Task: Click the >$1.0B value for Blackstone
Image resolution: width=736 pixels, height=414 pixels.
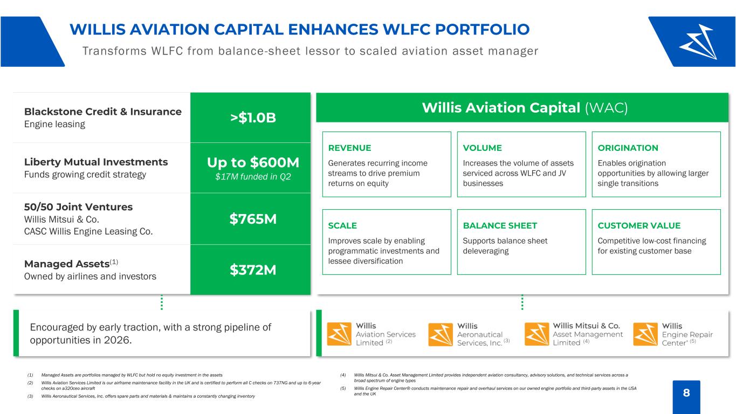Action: (x=253, y=118)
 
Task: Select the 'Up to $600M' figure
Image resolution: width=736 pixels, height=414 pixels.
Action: (x=253, y=162)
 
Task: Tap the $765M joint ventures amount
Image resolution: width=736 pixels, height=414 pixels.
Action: (x=253, y=219)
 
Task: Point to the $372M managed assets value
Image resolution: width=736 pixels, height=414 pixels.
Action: (x=253, y=270)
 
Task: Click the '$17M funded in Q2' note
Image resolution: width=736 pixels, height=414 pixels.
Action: (x=253, y=177)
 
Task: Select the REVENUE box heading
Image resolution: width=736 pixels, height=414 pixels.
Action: (x=349, y=148)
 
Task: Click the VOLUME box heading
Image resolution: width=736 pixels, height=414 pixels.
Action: (x=483, y=148)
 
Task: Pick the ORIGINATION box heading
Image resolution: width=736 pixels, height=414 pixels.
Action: (x=628, y=148)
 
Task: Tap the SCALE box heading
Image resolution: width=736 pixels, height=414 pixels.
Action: (x=342, y=226)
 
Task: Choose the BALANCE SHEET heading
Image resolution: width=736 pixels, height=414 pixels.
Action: (x=500, y=226)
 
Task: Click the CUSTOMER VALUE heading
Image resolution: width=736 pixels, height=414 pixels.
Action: (x=639, y=226)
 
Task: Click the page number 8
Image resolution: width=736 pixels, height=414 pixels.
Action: (x=686, y=392)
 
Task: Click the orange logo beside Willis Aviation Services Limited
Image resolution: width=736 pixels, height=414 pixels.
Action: (x=339, y=334)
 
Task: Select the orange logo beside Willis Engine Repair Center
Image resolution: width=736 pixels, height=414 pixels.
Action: (x=645, y=334)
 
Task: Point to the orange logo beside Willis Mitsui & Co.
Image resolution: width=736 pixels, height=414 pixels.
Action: (x=536, y=334)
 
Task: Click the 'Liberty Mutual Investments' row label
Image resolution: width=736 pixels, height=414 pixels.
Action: (x=96, y=162)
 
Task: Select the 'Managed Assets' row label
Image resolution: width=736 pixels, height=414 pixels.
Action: (x=67, y=264)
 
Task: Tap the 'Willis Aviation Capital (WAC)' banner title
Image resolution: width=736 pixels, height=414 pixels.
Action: (x=525, y=108)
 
